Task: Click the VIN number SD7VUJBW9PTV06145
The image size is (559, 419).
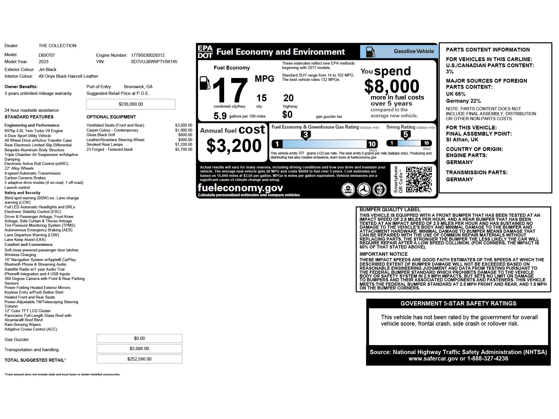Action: pos(154,62)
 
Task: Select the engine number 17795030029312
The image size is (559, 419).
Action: pos(148,55)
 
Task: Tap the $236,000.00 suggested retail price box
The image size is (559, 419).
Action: pos(131,104)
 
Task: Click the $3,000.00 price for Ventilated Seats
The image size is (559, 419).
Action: pos(183,125)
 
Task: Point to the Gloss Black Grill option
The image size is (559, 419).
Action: pos(100,135)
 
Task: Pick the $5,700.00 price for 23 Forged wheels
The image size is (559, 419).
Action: pos(183,150)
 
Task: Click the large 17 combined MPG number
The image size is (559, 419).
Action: pos(230,90)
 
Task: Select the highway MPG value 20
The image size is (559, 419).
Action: pos(288,98)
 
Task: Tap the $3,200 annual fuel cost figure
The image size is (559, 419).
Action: pos(234,146)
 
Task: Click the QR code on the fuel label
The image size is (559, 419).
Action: pos(419,180)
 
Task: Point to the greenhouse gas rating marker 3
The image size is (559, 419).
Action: pos(305,135)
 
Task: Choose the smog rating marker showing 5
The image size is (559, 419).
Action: pos(406,135)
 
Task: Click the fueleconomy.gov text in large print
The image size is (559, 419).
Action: pos(240,188)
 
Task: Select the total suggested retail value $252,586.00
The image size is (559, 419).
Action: pos(139,359)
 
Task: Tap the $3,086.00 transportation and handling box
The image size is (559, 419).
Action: pos(139,349)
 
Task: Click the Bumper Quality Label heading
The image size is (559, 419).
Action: pos(390,210)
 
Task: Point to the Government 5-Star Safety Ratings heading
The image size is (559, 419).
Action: pos(458,303)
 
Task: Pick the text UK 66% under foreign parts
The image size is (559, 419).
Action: pos(456,94)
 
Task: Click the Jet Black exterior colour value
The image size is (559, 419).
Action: pos(47,70)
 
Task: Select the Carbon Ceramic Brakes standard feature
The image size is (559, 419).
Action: pos(25,178)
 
